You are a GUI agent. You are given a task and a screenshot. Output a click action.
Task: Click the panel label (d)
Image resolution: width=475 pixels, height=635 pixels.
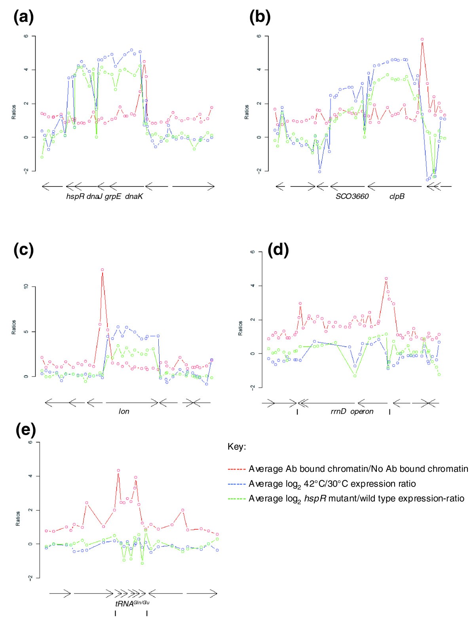(x=278, y=250)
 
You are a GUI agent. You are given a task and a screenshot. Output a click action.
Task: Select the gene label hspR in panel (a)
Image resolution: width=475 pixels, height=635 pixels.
(x=75, y=196)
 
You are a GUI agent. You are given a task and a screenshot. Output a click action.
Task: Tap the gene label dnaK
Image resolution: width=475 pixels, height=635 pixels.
(x=134, y=196)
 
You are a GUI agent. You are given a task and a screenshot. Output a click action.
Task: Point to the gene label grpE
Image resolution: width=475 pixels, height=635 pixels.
(x=113, y=196)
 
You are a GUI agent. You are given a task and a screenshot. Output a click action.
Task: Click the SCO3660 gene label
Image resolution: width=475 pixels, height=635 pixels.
(x=352, y=196)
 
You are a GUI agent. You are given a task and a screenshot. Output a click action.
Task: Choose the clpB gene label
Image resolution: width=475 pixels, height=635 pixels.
(x=397, y=196)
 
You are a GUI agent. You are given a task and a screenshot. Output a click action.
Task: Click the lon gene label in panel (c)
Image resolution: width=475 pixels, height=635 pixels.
(x=124, y=412)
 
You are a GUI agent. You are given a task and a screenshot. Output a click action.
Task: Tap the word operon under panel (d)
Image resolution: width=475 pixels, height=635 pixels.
(x=362, y=412)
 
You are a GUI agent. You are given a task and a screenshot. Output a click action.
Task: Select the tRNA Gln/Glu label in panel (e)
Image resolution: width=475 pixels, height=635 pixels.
(x=132, y=603)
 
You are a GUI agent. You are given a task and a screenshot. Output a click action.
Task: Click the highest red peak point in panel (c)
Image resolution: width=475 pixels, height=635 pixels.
(x=102, y=270)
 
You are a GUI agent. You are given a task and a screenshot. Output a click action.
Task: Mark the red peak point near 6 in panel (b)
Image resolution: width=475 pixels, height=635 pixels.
(x=422, y=40)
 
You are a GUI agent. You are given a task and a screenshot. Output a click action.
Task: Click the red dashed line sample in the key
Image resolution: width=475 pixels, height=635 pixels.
(x=237, y=469)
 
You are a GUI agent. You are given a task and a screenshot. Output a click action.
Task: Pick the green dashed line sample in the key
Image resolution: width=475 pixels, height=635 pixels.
(x=237, y=499)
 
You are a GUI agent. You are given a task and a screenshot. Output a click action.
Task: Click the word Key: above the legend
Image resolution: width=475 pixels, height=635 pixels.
(x=237, y=447)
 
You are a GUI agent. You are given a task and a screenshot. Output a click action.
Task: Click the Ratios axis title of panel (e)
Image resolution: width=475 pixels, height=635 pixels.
(x=18, y=518)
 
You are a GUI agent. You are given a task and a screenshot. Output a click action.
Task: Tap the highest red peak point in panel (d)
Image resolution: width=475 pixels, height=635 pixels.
(x=386, y=278)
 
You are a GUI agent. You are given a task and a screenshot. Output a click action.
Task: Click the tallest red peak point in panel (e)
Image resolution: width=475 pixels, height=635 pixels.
(x=118, y=470)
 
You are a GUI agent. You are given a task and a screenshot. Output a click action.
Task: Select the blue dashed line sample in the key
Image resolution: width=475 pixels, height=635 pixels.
(x=237, y=484)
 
